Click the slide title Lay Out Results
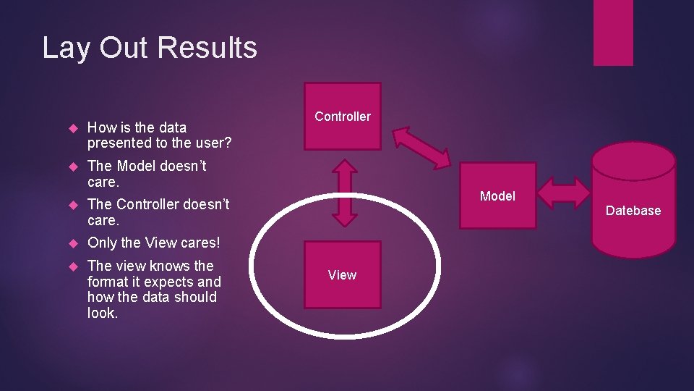tap(150, 48)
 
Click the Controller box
tap(343, 117)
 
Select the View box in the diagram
tap(342, 275)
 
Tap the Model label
tap(497, 196)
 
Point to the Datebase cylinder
tap(633, 210)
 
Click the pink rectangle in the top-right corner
tap(613, 33)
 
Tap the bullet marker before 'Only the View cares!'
tap(72, 243)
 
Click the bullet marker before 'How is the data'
tap(72, 128)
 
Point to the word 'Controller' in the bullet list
tap(147, 204)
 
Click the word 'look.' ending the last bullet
tap(103, 313)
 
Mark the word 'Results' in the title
tap(207, 48)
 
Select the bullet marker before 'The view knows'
tap(72, 266)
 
